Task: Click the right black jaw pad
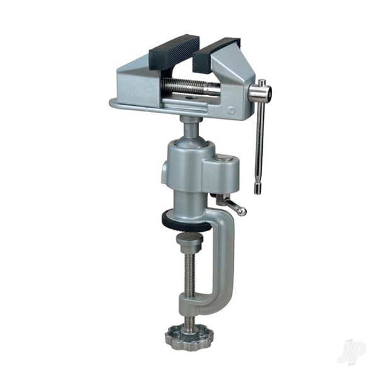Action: tap(215, 51)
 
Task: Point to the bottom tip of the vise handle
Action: tap(259, 190)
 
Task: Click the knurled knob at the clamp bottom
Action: tap(188, 336)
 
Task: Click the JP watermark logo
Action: tap(352, 351)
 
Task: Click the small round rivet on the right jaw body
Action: tap(231, 111)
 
